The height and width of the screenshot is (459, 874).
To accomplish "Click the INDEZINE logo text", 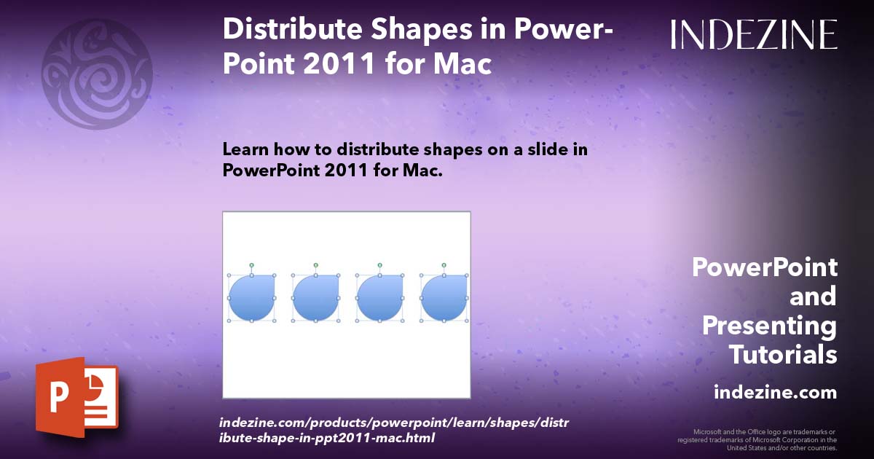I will [754, 34].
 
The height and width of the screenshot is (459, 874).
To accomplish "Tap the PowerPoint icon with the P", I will [76, 398].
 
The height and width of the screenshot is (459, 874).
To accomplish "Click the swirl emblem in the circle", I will [97, 74].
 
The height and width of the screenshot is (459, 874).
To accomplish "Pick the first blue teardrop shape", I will [251, 298].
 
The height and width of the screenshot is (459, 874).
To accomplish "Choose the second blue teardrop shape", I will [315, 298].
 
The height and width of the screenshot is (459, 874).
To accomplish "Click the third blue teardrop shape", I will [379, 298].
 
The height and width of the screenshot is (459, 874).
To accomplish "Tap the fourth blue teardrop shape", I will [444, 298].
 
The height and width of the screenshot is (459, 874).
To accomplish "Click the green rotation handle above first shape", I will [251, 265].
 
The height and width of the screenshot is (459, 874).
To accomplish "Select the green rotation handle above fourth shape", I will [444, 265].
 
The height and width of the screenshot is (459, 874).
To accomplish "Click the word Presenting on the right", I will [769, 325].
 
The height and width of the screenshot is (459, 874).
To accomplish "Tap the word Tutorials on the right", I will [783, 354].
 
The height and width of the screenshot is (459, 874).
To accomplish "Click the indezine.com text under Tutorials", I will [775, 393].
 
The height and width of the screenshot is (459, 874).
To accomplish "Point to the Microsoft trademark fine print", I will [757, 440].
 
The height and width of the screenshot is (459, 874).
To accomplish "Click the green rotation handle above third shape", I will [379, 265].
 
